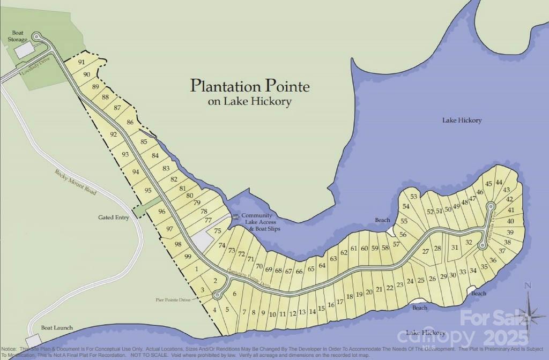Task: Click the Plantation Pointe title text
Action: tap(250, 86)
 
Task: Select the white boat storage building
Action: tap(24, 51)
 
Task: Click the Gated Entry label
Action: tap(114, 217)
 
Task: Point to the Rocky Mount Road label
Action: tap(76, 182)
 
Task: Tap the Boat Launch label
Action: tap(57, 328)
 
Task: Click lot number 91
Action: tap(81, 62)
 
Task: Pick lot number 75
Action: tap(218, 231)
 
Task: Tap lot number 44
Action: tap(499, 182)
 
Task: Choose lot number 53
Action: tap(413, 197)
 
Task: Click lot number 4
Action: tap(214, 309)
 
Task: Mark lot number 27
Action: tap(426, 251)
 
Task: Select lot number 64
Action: tap(322, 265)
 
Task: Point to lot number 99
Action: tap(188, 257)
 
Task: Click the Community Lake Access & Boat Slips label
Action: tap(260, 222)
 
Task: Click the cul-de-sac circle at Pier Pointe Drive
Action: tap(217, 294)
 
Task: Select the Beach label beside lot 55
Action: tap(382, 220)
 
